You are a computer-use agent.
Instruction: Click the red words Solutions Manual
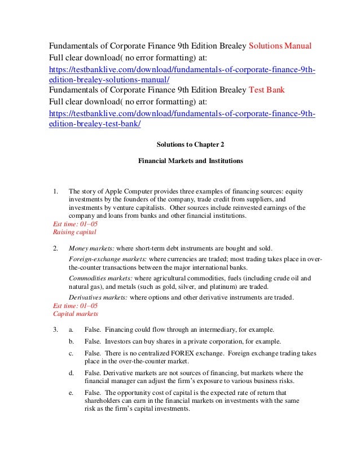[279, 45]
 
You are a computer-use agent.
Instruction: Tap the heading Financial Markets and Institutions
[191, 161]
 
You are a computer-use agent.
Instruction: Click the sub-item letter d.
[71, 373]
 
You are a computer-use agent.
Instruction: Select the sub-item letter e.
[71, 393]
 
